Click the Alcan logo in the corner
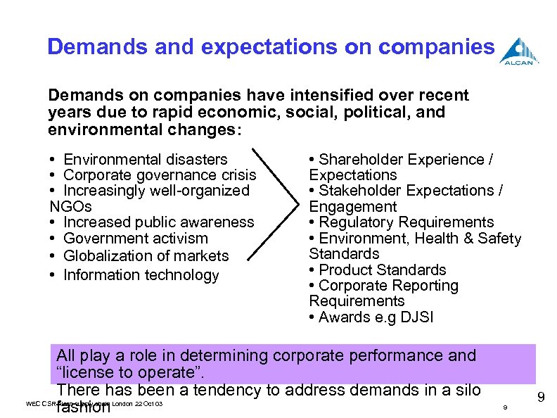click(519, 51)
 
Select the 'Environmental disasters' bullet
click(146, 160)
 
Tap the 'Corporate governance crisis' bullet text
click(160, 175)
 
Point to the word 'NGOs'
click(71, 206)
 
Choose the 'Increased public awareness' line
click(158, 222)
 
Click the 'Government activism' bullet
click(136, 239)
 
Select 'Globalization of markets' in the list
click(146, 255)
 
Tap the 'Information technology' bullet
click(141, 274)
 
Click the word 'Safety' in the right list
click(499, 239)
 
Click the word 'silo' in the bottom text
click(465, 389)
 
